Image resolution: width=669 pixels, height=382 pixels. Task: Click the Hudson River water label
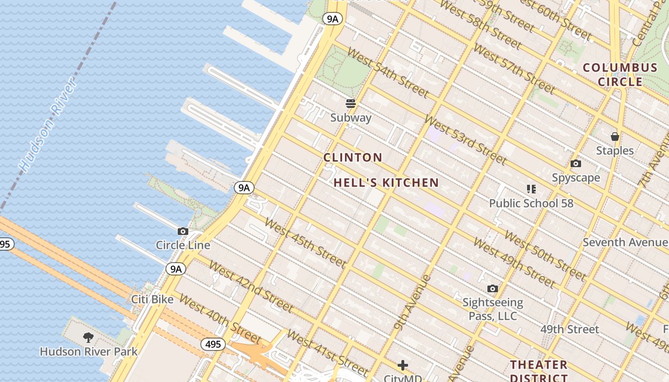click(48, 125)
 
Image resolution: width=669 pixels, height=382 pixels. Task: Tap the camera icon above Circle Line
click(183, 232)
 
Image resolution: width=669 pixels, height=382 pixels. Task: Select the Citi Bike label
click(152, 299)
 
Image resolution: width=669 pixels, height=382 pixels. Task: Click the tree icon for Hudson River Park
click(88, 338)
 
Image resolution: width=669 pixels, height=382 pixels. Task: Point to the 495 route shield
click(213, 344)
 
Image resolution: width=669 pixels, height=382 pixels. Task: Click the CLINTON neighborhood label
click(353, 158)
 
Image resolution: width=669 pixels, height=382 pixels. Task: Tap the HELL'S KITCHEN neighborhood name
click(386, 182)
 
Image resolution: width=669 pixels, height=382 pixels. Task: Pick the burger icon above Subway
click(351, 104)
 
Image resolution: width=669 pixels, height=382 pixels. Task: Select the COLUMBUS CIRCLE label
click(620, 74)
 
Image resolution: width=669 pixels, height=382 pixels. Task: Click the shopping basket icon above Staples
click(615, 137)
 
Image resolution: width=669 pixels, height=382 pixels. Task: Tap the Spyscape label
click(576, 178)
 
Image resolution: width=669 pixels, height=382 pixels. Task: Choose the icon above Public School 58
click(531, 189)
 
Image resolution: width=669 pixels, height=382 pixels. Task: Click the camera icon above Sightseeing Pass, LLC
click(493, 288)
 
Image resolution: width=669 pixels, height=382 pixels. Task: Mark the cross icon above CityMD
click(403, 365)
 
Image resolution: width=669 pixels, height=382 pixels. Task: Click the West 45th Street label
click(304, 243)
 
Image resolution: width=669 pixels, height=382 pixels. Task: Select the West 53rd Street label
click(464, 139)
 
